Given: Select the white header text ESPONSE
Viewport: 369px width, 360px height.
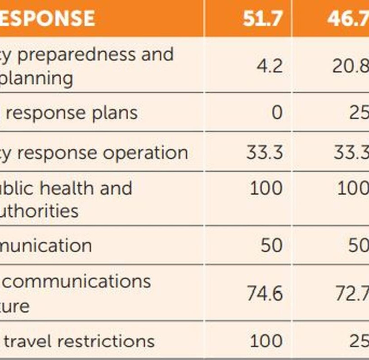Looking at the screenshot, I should tap(47, 18).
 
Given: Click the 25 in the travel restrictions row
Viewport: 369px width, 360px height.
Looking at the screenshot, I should tap(359, 341).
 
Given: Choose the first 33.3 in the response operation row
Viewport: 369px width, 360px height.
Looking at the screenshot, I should tap(265, 153).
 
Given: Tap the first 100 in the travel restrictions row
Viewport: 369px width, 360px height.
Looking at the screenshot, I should tap(266, 341).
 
